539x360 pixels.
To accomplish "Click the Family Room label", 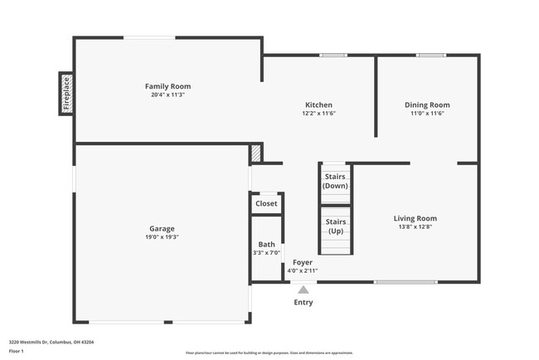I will pos(168,86).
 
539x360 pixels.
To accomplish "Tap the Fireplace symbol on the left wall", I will pos(66,94).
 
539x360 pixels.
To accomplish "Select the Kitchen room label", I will pos(318,105).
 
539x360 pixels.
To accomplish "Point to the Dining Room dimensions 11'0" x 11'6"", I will pos(427,114).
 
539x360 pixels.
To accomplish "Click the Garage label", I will pos(162,228).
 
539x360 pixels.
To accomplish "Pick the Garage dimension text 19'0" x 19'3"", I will pos(162,236).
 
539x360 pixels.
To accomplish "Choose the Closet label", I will pos(266,203).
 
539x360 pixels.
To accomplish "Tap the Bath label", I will pos(266,245).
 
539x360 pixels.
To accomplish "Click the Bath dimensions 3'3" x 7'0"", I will pos(266,253).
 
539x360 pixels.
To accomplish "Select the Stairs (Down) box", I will pos(335,182).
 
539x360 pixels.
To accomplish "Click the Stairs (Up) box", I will pos(335,226).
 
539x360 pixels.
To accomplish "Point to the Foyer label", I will pos(303,262).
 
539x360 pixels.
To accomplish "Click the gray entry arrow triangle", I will pos(303,290).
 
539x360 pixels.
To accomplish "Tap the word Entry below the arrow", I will pos(303,303).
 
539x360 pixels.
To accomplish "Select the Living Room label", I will pos(415,218).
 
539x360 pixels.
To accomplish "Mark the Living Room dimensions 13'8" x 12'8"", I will pos(415,226).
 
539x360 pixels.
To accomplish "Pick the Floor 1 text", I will pos(17,351).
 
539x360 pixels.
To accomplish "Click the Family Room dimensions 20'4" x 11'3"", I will pos(168,95).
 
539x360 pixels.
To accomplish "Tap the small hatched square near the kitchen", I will pos(256,153).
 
